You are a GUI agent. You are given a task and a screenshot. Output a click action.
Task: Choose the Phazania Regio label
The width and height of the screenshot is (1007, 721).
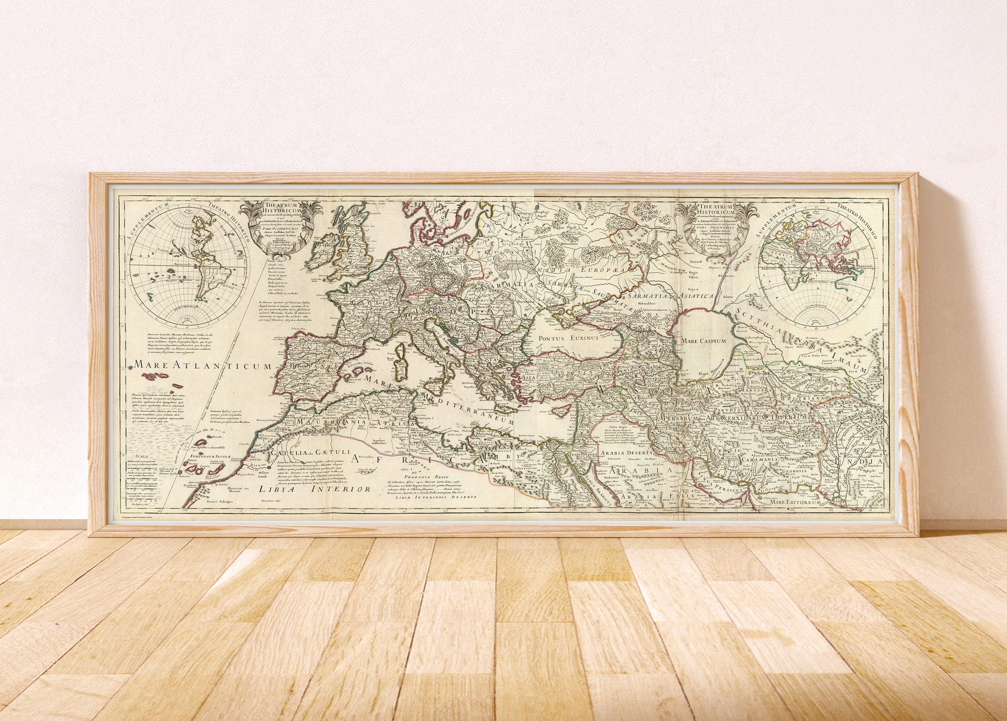415,477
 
